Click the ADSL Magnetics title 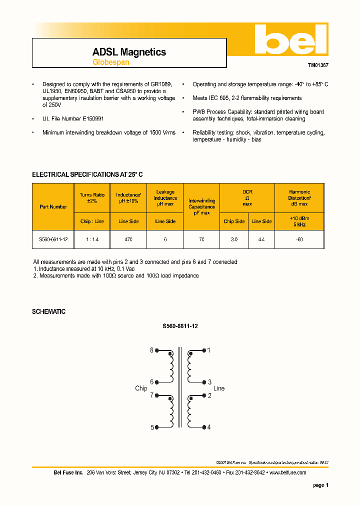pos(129,52)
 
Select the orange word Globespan pos(110,62)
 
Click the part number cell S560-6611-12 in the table pos(53,240)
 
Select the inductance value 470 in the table pos(128,240)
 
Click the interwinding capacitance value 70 pos(201,240)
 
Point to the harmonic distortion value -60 pos(299,240)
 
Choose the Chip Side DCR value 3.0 pos(234,240)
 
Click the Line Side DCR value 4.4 pos(261,240)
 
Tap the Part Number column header pos(53,206)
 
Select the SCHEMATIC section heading pos(48,311)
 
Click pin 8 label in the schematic pos(151,350)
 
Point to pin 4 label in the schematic pos(209,427)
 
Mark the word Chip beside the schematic pos(141,388)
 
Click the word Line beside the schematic pos(219,388)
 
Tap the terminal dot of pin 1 pos(204,350)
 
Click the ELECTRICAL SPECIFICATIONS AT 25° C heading pos(87,174)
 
